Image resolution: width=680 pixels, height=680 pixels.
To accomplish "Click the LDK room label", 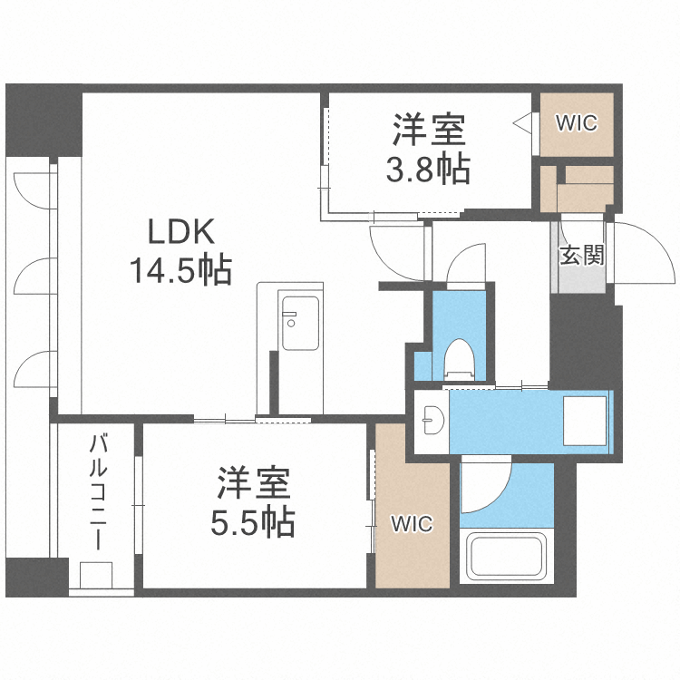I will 181,232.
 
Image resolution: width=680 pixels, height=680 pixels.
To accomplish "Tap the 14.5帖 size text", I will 181,269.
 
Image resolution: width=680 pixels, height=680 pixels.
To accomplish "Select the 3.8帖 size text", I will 429,170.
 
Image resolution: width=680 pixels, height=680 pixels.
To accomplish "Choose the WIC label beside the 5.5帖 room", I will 412,523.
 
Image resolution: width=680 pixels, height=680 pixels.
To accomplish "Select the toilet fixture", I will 459,357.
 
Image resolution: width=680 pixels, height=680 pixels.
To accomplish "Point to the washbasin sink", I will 432,420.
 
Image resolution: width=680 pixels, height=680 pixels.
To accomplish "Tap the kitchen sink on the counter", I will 300,323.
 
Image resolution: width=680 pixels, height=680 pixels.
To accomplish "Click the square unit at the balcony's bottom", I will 95,577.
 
